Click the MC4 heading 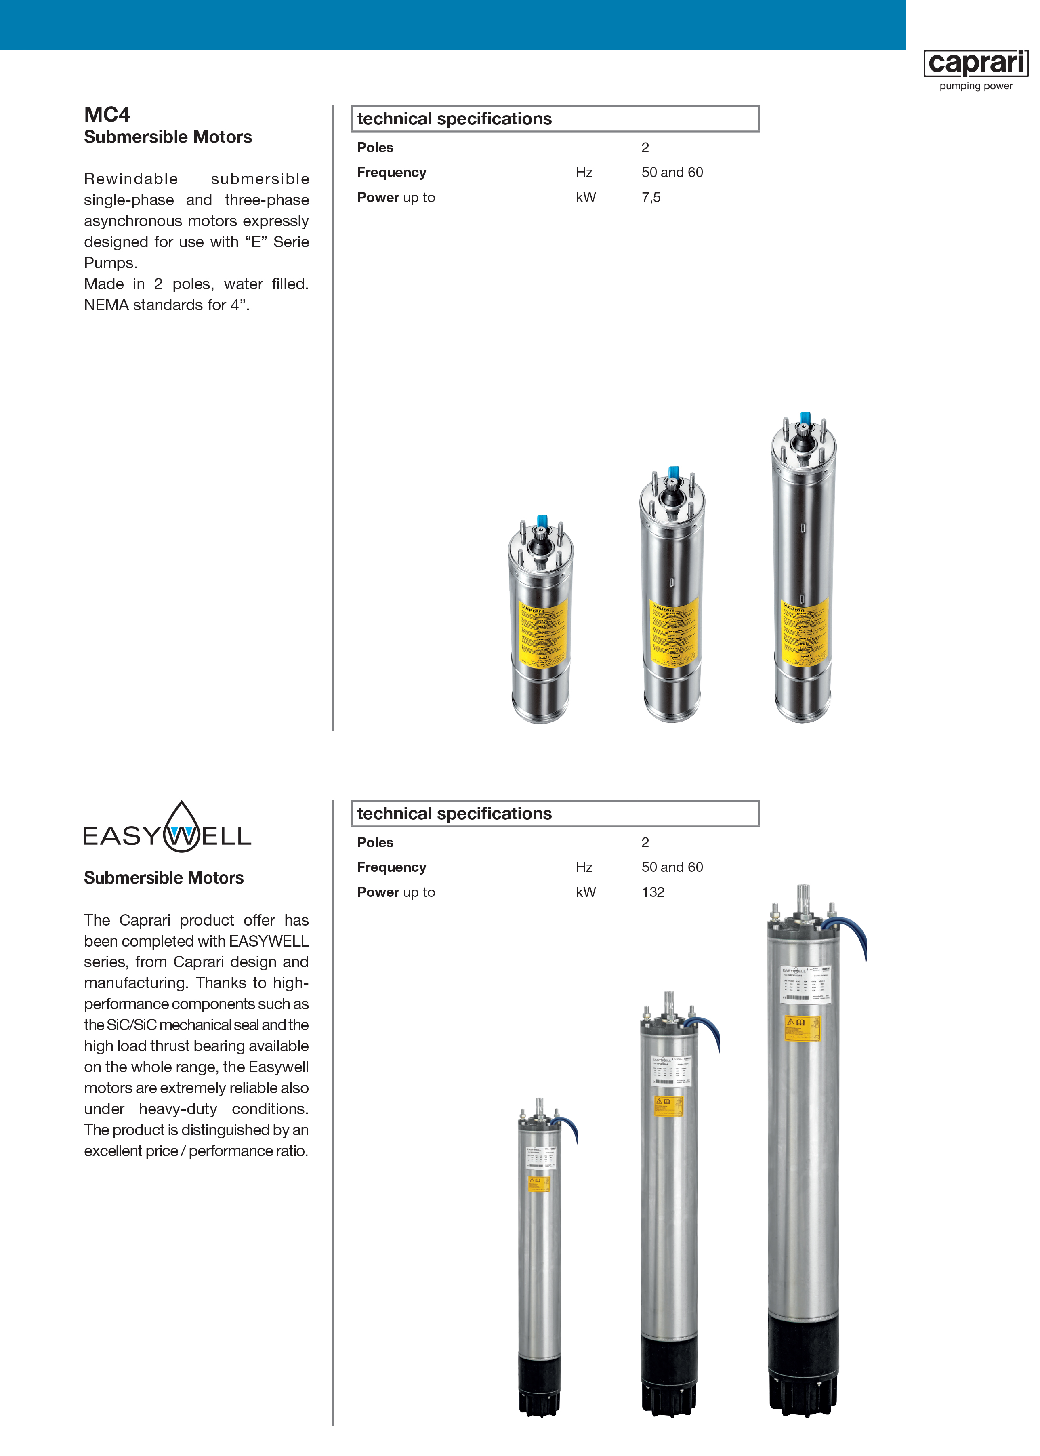point(107,115)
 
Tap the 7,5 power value point(651,197)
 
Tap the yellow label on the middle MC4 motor point(675,631)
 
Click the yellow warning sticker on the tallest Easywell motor point(803,1028)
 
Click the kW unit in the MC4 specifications point(585,197)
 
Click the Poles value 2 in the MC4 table point(645,147)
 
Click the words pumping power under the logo point(975,86)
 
